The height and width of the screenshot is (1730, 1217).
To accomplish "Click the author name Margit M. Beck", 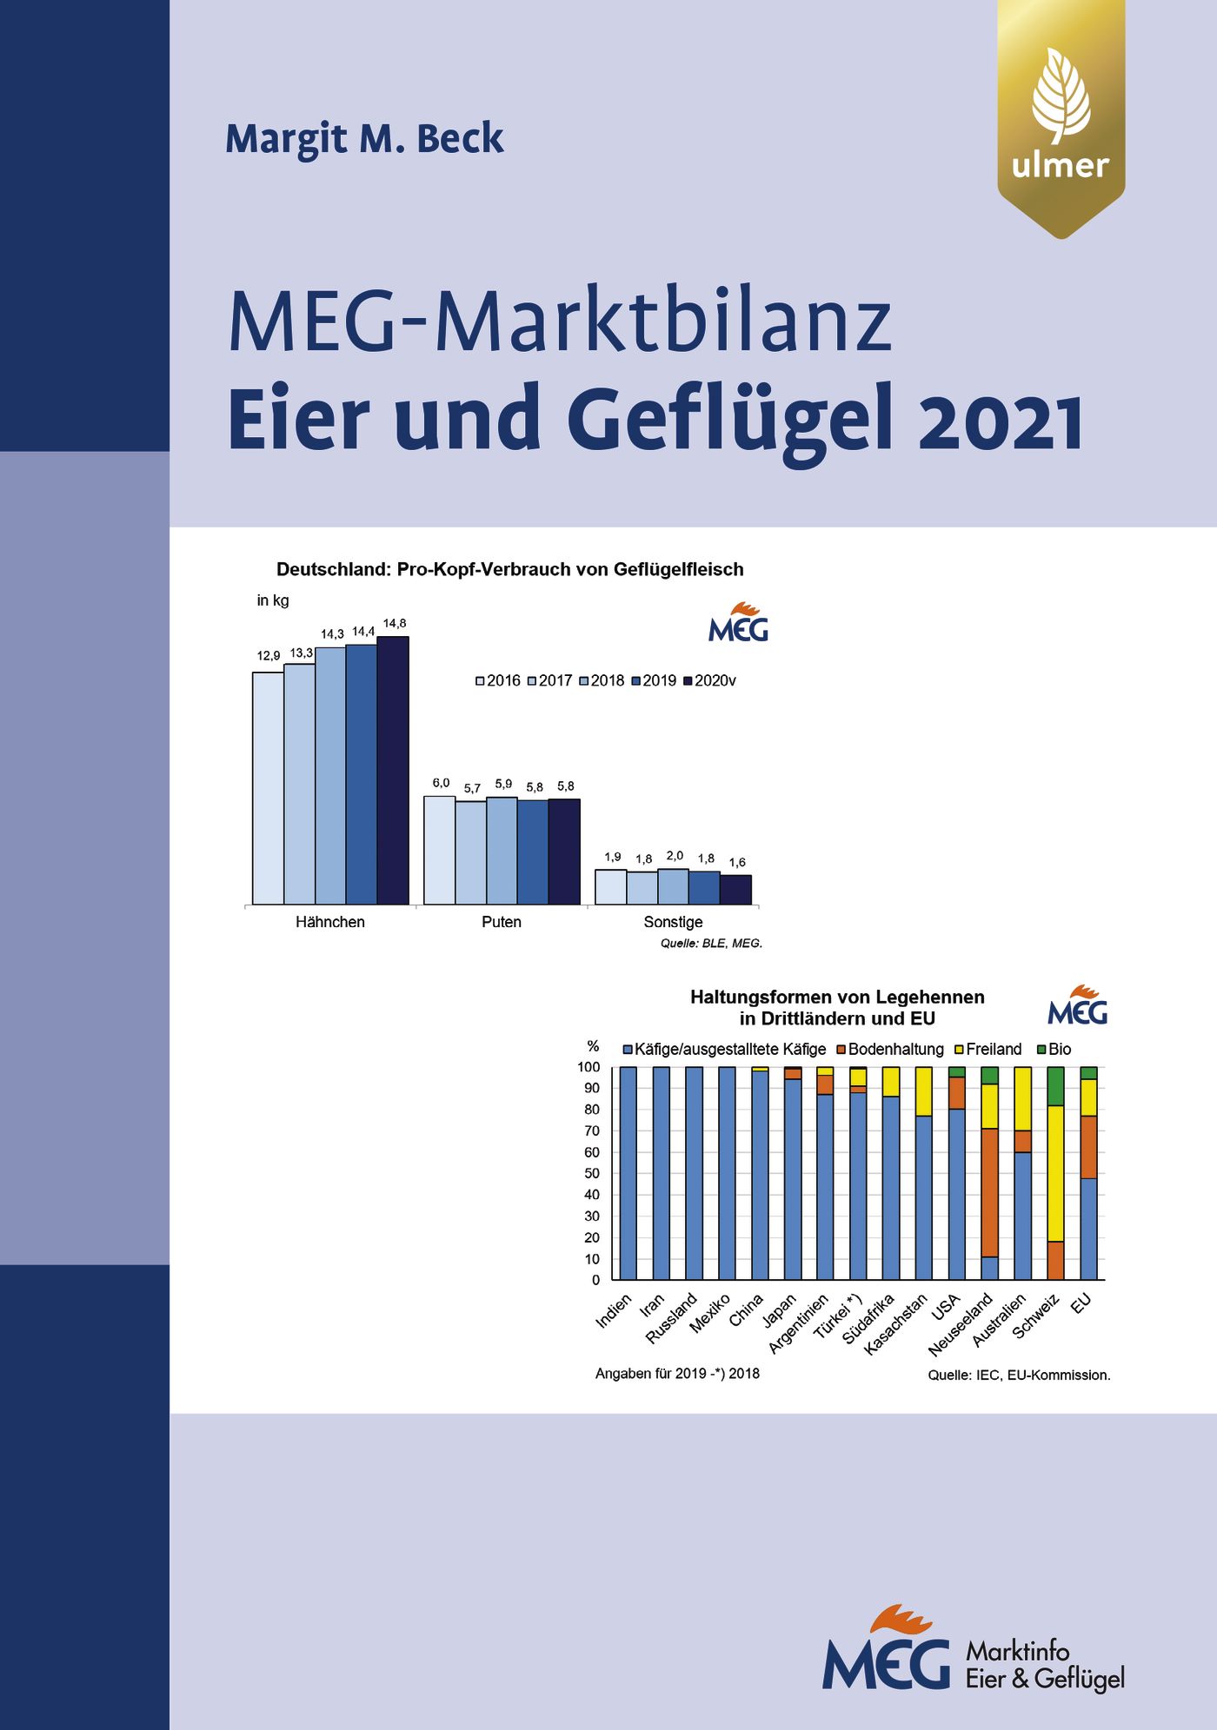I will [364, 139].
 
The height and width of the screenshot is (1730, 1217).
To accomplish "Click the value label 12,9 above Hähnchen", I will [269, 656].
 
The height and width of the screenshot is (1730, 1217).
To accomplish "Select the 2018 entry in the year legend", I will [602, 680].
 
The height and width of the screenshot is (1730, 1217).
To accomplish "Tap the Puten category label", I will [502, 922].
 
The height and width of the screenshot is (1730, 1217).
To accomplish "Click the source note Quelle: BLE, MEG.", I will [710, 943].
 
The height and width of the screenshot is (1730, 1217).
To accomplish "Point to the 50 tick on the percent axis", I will [592, 1173].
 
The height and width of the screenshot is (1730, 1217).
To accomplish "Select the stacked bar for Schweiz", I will [1055, 1173].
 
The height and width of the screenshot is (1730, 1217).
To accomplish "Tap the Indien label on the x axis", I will [614, 1312].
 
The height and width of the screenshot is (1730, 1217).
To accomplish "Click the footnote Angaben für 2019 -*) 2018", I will [677, 1374].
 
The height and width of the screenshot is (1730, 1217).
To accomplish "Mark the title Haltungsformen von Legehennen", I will [837, 997].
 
